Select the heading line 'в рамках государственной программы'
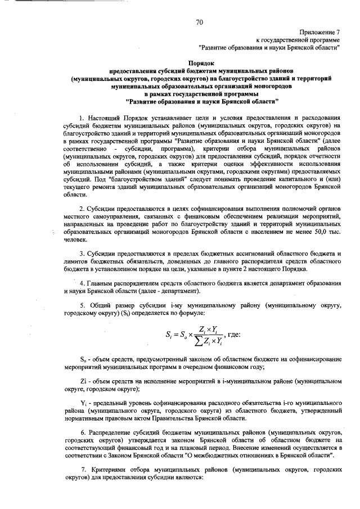(202, 96)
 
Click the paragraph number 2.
(82, 209)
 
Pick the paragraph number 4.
(82, 283)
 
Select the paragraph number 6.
(82, 430)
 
